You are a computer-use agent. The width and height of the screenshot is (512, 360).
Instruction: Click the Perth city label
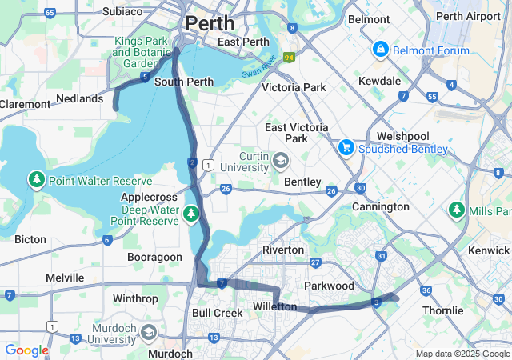(x=210, y=22)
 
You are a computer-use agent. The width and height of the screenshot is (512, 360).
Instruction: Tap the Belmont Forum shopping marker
(x=380, y=50)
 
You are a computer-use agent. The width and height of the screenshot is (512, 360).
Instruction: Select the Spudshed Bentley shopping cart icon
(x=346, y=147)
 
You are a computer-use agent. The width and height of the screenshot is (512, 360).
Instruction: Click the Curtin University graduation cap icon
(x=280, y=162)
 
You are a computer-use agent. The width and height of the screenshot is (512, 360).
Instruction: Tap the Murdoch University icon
(x=148, y=332)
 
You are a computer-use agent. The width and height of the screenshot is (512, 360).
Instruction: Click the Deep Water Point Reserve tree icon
(x=190, y=214)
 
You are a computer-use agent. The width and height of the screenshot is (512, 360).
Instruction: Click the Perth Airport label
(x=468, y=16)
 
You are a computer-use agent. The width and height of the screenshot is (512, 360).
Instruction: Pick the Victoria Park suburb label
(x=294, y=87)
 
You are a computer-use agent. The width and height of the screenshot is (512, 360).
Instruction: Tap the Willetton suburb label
(x=274, y=307)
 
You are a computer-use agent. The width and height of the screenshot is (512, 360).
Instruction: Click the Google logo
(x=26, y=350)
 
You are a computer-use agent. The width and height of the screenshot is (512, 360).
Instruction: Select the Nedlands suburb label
(x=79, y=99)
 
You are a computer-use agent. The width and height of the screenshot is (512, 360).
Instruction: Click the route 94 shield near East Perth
(x=289, y=57)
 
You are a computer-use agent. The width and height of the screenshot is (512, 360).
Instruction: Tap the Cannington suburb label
(x=381, y=207)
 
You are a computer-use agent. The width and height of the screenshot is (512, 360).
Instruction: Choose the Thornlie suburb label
(x=442, y=310)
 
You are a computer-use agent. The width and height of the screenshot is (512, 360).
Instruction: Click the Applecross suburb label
(x=147, y=197)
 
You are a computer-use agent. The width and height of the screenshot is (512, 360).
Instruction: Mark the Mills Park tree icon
(x=457, y=210)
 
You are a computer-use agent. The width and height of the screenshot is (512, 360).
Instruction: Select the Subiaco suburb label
(x=122, y=11)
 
